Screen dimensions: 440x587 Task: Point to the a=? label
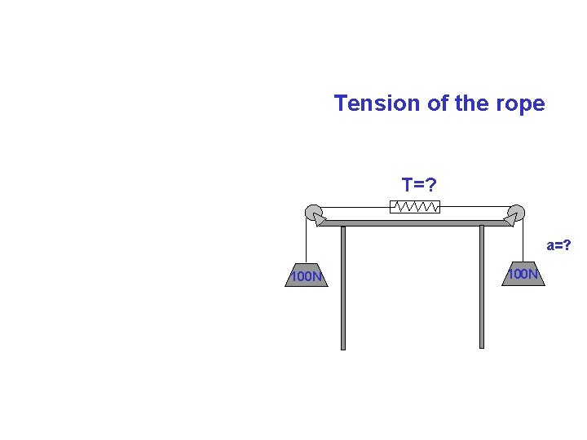pyautogui.click(x=558, y=245)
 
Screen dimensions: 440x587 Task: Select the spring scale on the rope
pyautogui.click(x=415, y=206)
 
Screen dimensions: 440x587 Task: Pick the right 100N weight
pyautogui.click(x=523, y=275)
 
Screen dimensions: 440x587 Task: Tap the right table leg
pyautogui.click(x=482, y=287)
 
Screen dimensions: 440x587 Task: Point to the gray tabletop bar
pyautogui.click(x=413, y=222)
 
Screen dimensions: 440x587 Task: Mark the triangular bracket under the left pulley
pyautogui.click(x=320, y=218)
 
